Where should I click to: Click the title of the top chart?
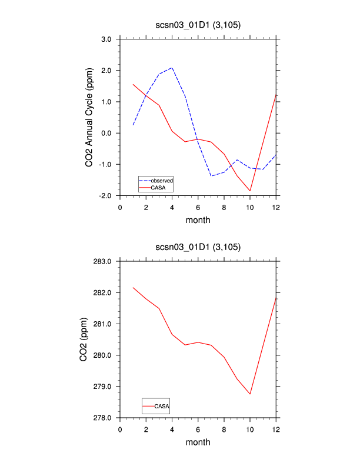click(x=198, y=25)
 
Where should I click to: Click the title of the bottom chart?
click(x=198, y=247)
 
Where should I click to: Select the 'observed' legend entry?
click(x=161, y=180)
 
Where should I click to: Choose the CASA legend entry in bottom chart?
click(x=162, y=406)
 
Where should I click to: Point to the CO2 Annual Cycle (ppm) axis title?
click(x=89, y=116)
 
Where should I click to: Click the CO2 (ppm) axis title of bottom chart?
click(x=84, y=339)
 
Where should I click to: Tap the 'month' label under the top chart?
click(x=198, y=221)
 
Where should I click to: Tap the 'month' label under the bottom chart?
click(x=198, y=442)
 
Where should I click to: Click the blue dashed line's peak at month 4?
click(x=172, y=68)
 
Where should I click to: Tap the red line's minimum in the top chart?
click(x=250, y=191)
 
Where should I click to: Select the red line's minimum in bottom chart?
click(x=250, y=394)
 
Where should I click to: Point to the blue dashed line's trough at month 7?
click(x=211, y=176)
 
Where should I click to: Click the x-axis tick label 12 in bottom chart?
click(x=276, y=429)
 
